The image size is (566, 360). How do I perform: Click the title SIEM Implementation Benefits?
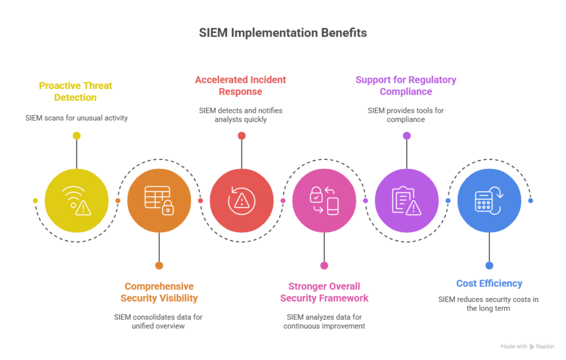click(x=282, y=33)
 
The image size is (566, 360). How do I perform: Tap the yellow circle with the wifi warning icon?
click(x=76, y=200)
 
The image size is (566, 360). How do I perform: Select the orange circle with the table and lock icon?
click(x=159, y=200)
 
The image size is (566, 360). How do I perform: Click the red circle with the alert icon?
click(x=242, y=200)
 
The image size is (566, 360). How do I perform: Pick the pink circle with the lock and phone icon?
click(x=324, y=200)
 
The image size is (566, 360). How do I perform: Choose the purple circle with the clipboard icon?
click(x=407, y=200)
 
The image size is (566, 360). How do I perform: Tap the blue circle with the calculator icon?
click(x=489, y=200)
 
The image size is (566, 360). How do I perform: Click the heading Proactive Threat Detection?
click(x=75, y=91)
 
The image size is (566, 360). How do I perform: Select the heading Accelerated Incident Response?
click(x=240, y=86)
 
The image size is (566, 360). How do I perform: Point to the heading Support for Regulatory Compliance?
click(x=406, y=86)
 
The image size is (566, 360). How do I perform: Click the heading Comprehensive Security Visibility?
click(x=159, y=292)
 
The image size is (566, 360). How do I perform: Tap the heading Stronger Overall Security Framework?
click(x=324, y=292)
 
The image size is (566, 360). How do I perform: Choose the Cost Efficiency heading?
click(x=489, y=284)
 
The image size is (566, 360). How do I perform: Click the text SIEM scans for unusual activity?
click(x=76, y=118)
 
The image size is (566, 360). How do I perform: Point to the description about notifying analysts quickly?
click(x=241, y=115)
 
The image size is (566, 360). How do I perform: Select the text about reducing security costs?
click(x=489, y=304)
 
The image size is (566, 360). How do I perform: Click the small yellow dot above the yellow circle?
click(x=76, y=136)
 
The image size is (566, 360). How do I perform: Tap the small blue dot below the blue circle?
click(x=489, y=265)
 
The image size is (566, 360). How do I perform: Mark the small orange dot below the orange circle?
click(x=159, y=265)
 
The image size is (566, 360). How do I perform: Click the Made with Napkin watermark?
click(x=527, y=346)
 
